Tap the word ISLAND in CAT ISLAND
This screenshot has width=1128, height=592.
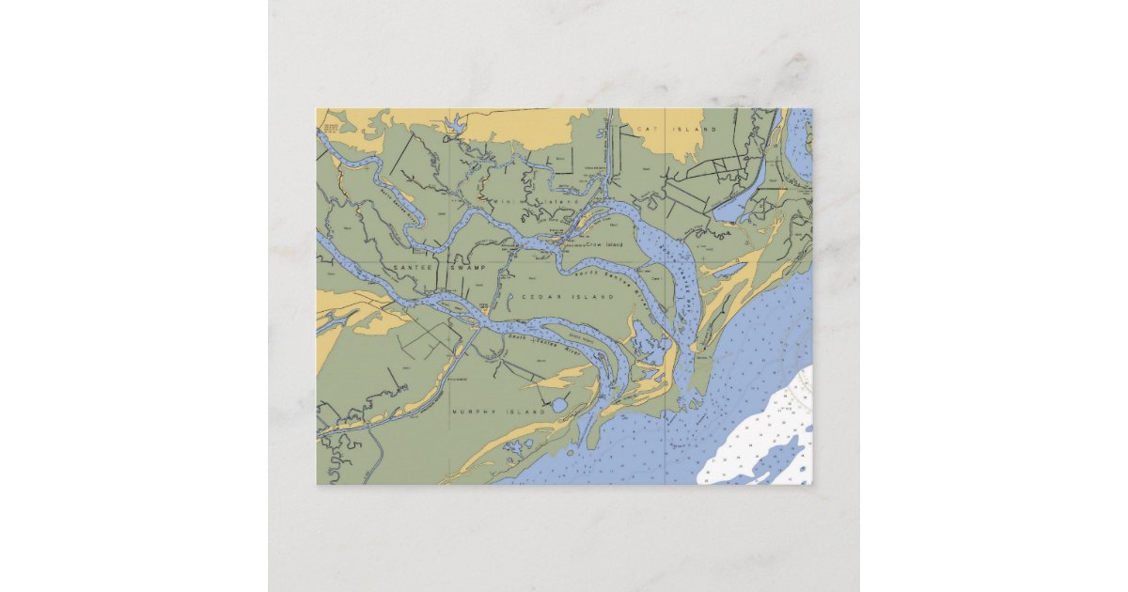coord(698,129)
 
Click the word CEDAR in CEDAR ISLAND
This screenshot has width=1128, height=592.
coord(534,297)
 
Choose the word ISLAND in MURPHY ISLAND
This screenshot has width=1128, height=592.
coord(526,413)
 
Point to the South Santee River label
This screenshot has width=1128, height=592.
coord(545,344)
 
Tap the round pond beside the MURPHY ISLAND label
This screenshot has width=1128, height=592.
coord(560,406)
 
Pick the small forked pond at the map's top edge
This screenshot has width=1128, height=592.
coord(456,122)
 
